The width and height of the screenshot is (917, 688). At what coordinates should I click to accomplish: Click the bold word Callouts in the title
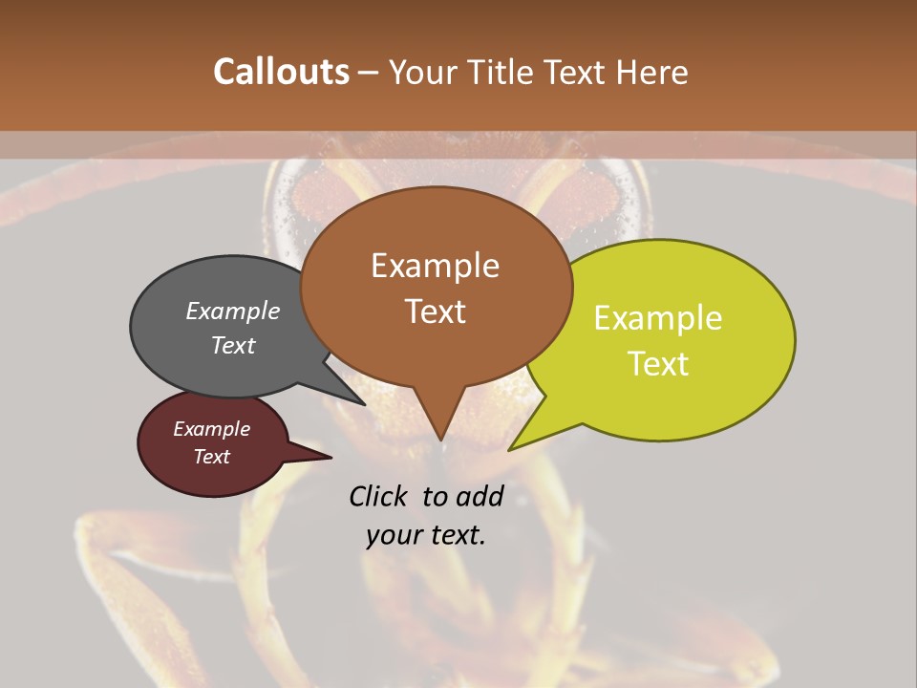281,72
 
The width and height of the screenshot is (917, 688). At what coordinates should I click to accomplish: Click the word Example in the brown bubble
435,266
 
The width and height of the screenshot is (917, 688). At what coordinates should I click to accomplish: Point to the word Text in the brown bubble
435,312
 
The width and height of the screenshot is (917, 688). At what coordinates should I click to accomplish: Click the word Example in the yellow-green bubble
658,318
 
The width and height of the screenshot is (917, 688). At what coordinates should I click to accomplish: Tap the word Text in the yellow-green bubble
658,364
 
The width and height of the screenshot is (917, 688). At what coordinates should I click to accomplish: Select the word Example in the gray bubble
233,312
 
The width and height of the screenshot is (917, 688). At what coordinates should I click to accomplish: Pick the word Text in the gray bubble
233,345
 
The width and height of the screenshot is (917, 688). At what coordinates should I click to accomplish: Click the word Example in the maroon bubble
212,429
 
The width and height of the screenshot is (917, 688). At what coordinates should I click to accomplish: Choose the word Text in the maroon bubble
212,457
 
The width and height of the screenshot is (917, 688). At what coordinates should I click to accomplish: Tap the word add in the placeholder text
480,496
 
